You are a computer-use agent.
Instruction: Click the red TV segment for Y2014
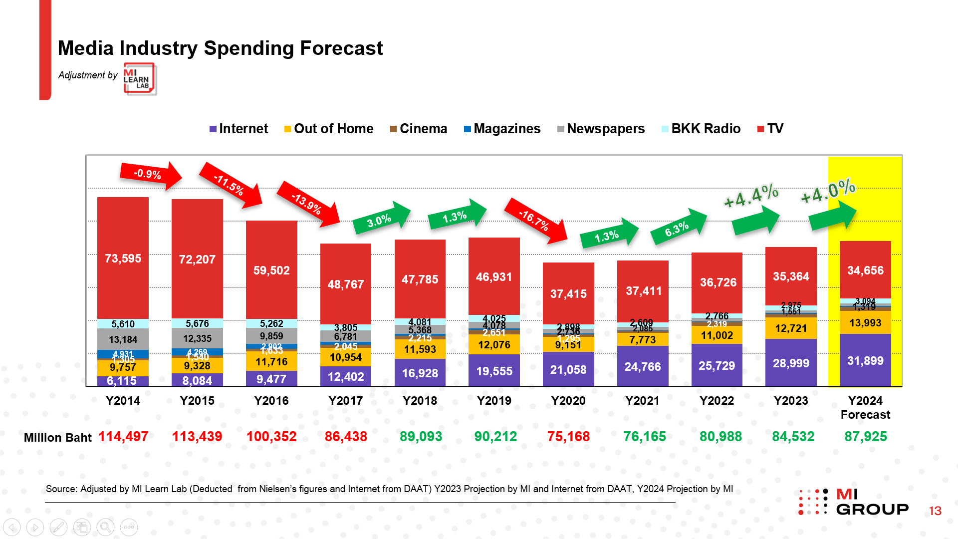pos(123,258)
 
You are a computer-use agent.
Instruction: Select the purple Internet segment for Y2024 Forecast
pos(865,360)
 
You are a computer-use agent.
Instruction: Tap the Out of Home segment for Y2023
pos(791,328)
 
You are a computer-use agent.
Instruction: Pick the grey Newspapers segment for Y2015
pos(197,338)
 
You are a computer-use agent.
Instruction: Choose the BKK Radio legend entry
pos(701,129)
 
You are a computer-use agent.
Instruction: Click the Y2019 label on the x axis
pos(494,401)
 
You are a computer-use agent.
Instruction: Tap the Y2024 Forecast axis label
pos(865,407)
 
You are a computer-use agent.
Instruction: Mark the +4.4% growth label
pos(751,195)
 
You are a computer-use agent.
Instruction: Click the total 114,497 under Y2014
pos(123,437)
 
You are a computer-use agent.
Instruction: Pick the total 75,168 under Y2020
pos(568,437)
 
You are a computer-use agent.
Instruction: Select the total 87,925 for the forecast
pos(865,437)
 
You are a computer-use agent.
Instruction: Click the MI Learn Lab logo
pos(140,79)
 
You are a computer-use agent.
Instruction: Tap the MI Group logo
pos(853,502)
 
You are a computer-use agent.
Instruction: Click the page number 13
pos(935,511)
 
